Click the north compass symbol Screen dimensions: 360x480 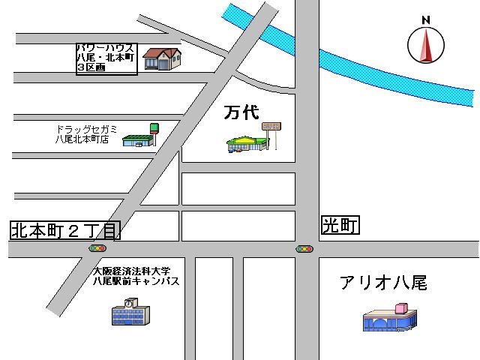point(426,46)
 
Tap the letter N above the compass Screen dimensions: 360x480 point(426,20)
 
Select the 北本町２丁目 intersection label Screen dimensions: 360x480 point(64,230)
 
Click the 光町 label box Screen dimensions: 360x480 point(340,225)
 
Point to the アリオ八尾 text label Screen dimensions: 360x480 point(382,283)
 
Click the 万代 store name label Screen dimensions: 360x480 point(241,113)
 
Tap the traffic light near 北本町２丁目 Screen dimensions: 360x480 point(97,248)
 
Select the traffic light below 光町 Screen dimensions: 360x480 point(304,248)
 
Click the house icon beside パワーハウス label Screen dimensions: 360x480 point(162,58)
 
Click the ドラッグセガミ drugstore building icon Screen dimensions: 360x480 point(138,139)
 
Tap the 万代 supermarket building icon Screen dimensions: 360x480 point(247,143)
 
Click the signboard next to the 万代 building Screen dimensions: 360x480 point(271,132)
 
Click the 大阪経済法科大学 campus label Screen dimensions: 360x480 point(136,276)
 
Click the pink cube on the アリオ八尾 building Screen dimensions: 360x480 point(401,307)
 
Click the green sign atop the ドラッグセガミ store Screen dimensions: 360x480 point(154,127)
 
